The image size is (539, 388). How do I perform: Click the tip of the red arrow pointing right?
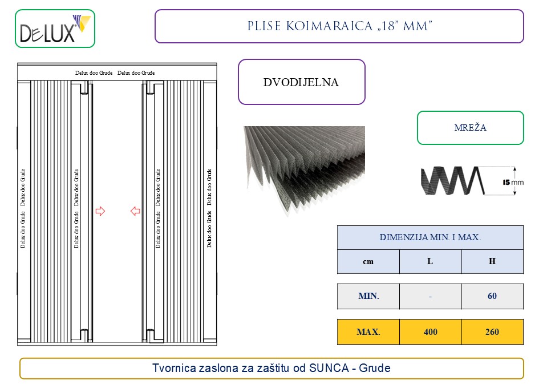105,211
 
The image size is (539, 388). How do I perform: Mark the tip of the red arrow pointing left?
131,211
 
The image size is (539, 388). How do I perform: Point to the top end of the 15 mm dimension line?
514,167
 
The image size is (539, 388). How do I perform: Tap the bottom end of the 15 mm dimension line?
514,195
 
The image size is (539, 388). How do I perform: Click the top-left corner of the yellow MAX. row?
338,320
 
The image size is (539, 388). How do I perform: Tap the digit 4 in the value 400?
426,332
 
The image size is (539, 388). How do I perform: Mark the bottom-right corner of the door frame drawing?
217,345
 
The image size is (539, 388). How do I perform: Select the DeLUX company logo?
55,29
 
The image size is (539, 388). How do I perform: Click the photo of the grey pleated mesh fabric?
305,170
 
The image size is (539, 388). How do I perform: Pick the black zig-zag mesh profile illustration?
453,181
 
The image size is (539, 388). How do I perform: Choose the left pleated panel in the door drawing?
51,211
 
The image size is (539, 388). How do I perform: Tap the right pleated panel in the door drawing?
183,211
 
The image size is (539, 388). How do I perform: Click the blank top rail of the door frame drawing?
117,72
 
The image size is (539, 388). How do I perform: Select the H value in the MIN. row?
492,296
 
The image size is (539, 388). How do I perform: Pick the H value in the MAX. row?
492,332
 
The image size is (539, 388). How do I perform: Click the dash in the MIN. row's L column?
431,297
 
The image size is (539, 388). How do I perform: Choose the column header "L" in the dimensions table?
430,261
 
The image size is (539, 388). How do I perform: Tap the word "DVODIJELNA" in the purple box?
301,82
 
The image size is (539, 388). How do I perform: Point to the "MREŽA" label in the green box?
470,128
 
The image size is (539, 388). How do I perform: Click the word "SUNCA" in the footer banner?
329,368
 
